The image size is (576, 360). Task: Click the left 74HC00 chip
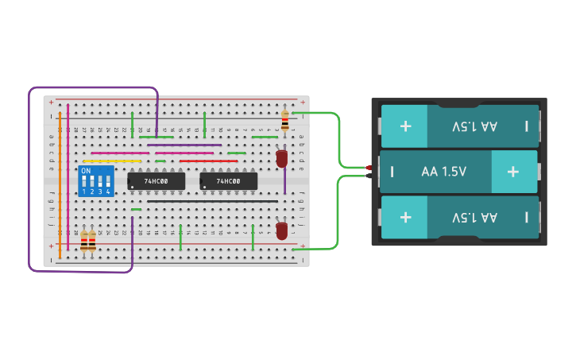click(x=156, y=181)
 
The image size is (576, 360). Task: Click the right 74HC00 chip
click(x=228, y=181)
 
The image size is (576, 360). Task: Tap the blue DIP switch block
click(x=96, y=181)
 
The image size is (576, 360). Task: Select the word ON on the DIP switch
click(x=86, y=171)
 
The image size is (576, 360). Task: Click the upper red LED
click(x=281, y=158)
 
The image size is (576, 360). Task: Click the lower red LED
click(x=281, y=230)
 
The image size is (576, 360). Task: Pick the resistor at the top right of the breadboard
click(x=284, y=121)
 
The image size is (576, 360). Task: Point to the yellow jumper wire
click(x=112, y=161)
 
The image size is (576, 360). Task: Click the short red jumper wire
click(x=208, y=161)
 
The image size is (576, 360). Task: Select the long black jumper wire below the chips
click(x=212, y=201)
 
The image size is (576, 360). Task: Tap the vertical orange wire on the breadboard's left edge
click(x=60, y=183)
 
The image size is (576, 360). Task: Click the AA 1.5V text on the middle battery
click(x=444, y=172)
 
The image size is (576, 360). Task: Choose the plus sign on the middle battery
click(x=512, y=172)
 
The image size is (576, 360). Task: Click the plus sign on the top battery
click(x=406, y=126)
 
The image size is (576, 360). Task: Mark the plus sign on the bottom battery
click(x=406, y=217)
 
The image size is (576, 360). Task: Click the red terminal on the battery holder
click(x=369, y=168)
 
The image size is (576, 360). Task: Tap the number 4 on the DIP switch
click(x=108, y=192)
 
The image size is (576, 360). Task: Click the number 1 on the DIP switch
click(x=83, y=192)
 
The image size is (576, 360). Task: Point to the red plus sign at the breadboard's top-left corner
click(x=52, y=103)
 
